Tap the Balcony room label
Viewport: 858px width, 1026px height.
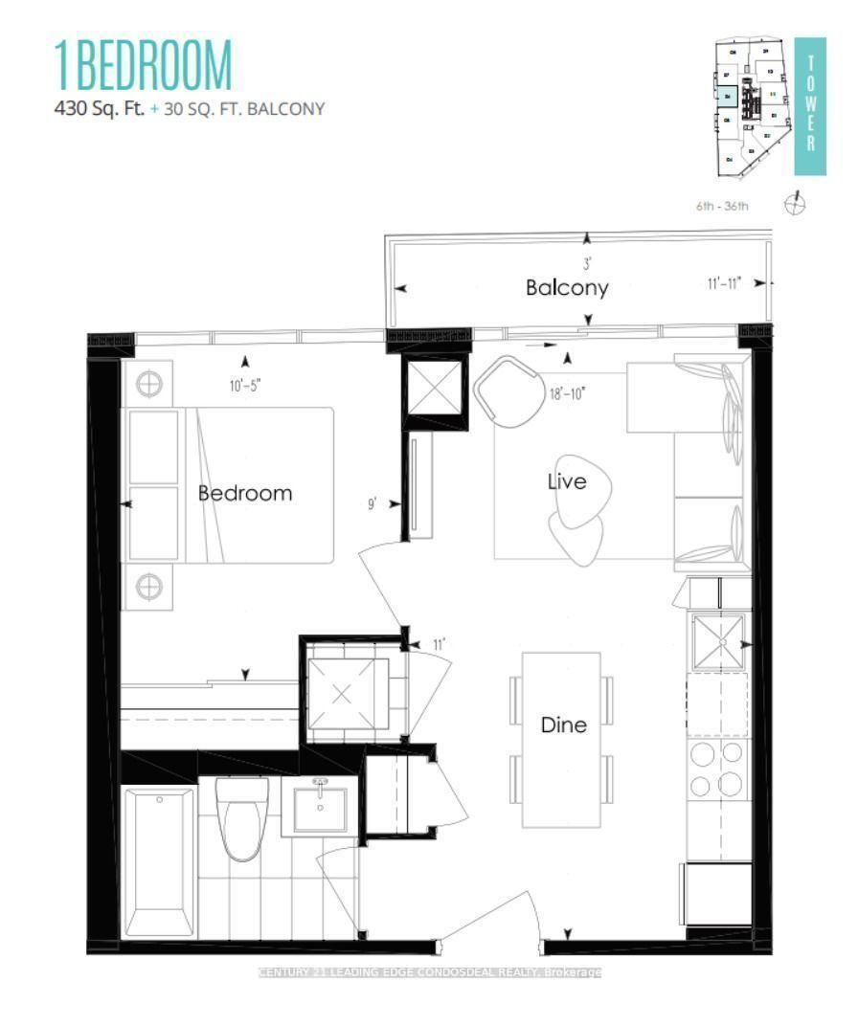coord(566,287)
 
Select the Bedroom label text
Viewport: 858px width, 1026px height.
coord(244,493)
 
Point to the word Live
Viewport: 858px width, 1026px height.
coord(566,481)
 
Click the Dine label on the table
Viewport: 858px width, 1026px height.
coord(563,725)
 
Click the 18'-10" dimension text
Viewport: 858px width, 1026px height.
coord(567,392)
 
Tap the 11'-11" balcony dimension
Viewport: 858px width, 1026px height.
coord(723,283)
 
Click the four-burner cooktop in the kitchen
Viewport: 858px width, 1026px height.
coord(716,769)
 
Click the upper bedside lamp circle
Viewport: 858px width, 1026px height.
coord(149,385)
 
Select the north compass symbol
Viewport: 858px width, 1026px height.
coord(795,204)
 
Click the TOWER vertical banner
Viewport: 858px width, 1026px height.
coord(810,105)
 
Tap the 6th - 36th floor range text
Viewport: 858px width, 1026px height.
coord(723,206)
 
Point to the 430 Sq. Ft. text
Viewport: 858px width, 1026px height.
coord(100,108)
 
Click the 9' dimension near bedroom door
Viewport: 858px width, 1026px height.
coord(372,502)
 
